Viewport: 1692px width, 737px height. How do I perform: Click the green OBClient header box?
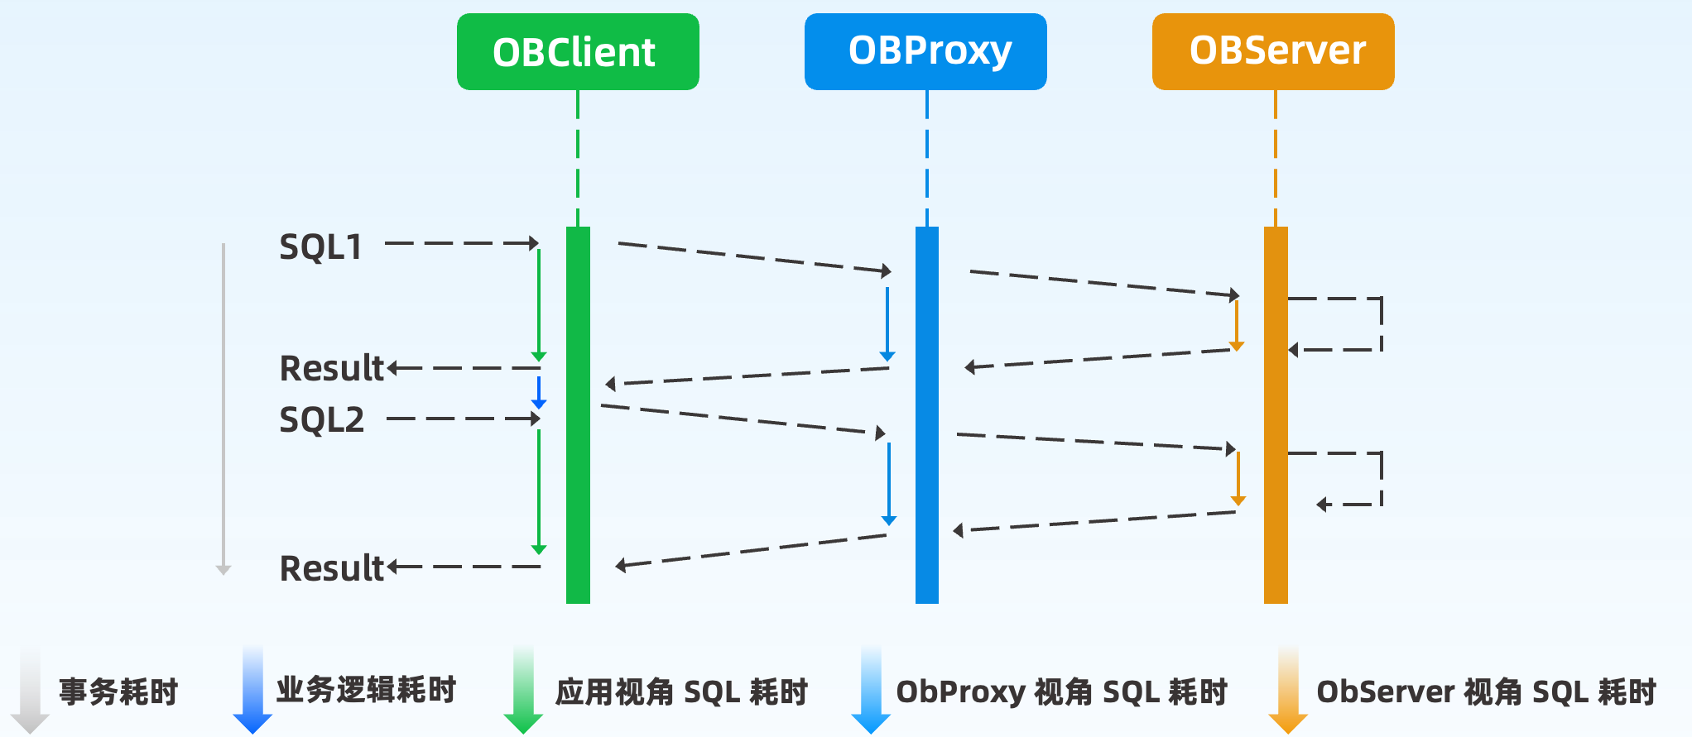(x=578, y=51)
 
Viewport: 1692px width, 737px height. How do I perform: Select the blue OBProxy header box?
(x=925, y=51)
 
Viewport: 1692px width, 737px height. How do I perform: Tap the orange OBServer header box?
(x=1273, y=51)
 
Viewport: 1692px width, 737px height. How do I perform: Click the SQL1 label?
(x=321, y=246)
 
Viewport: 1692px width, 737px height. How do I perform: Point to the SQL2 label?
(x=321, y=419)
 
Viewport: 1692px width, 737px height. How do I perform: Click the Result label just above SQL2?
(x=332, y=368)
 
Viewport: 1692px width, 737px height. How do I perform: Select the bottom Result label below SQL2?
(x=332, y=568)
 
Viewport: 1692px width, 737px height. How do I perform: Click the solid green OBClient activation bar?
(x=578, y=415)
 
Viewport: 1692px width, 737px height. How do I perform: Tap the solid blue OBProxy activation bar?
(x=927, y=415)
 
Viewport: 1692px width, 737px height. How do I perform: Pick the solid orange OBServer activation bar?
(x=1276, y=415)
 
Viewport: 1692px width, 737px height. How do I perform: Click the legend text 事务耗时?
(x=118, y=692)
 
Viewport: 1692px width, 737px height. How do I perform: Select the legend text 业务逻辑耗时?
(x=366, y=689)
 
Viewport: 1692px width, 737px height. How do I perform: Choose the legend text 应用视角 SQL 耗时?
(x=681, y=692)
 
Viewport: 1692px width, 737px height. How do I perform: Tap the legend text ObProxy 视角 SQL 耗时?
(x=1061, y=692)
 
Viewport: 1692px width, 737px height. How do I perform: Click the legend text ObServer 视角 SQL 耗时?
(x=1487, y=692)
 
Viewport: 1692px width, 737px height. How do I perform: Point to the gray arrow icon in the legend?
(x=30, y=690)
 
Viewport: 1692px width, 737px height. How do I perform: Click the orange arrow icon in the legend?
(x=1288, y=690)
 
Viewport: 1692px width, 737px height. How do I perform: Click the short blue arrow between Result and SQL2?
(x=539, y=393)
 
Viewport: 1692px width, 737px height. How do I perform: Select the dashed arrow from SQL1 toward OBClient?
(x=462, y=243)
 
